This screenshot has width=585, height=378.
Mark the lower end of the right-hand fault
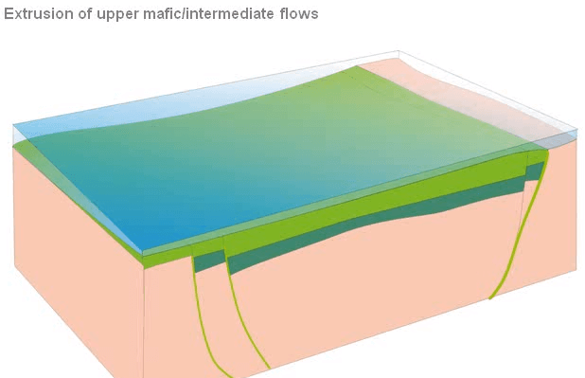pyautogui.click(x=490, y=297)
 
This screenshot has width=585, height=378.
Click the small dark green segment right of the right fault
pyautogui.click(x=536, y=171)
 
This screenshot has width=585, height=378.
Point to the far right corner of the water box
pyautogui.click(x=576, y=129)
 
